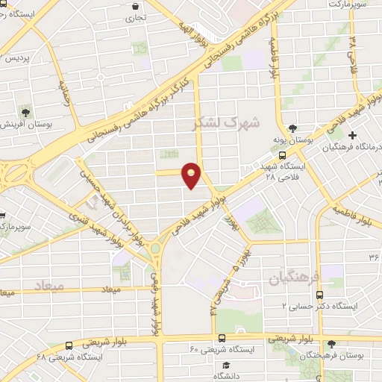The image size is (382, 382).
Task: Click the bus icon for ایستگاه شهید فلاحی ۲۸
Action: pyautogui.click(x=282, y=154)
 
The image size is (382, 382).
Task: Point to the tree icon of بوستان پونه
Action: pyautogui.click(x=292, y=128)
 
